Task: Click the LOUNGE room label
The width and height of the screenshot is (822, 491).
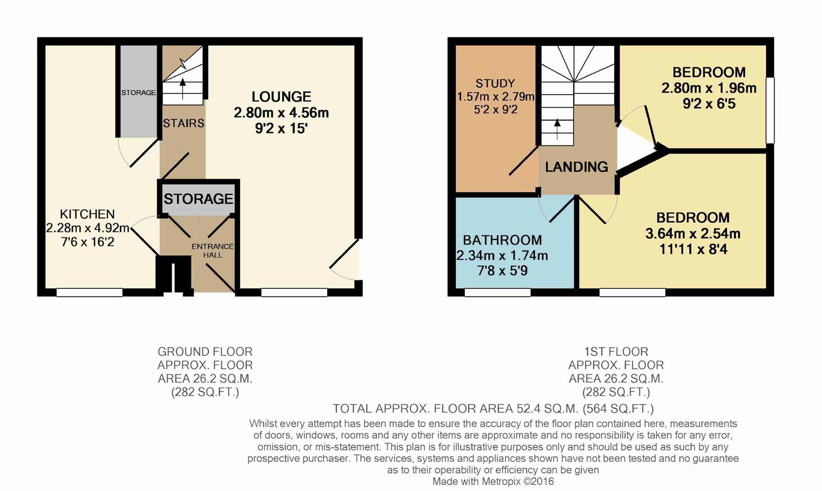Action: point(281,96)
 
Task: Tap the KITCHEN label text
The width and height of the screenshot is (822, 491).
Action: point(87,214)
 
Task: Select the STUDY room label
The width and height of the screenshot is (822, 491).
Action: point(495,84)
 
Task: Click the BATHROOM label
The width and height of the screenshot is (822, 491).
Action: point(502,240)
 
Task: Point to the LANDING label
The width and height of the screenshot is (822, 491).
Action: point(576,167)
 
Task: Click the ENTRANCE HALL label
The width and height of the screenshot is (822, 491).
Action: point(212,251)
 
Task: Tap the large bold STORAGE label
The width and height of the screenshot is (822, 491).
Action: point(198,199)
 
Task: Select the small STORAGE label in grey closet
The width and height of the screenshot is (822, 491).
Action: point(139,92)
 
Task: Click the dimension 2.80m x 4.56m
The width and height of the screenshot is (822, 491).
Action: point(281,113)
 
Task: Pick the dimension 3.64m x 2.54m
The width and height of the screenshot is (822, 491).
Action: point(692,234)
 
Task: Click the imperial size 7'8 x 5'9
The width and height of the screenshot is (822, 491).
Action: point(502,271)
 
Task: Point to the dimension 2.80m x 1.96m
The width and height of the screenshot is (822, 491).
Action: point(708,88)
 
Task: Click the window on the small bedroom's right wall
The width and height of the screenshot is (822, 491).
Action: point(770,110)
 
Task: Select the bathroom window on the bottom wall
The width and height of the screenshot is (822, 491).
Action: point(497,292)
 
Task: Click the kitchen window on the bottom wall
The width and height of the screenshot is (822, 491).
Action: point(89,292)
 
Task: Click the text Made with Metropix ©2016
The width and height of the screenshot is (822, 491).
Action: point(493,481)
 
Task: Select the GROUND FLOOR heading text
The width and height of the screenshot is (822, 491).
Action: point(205,352)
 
